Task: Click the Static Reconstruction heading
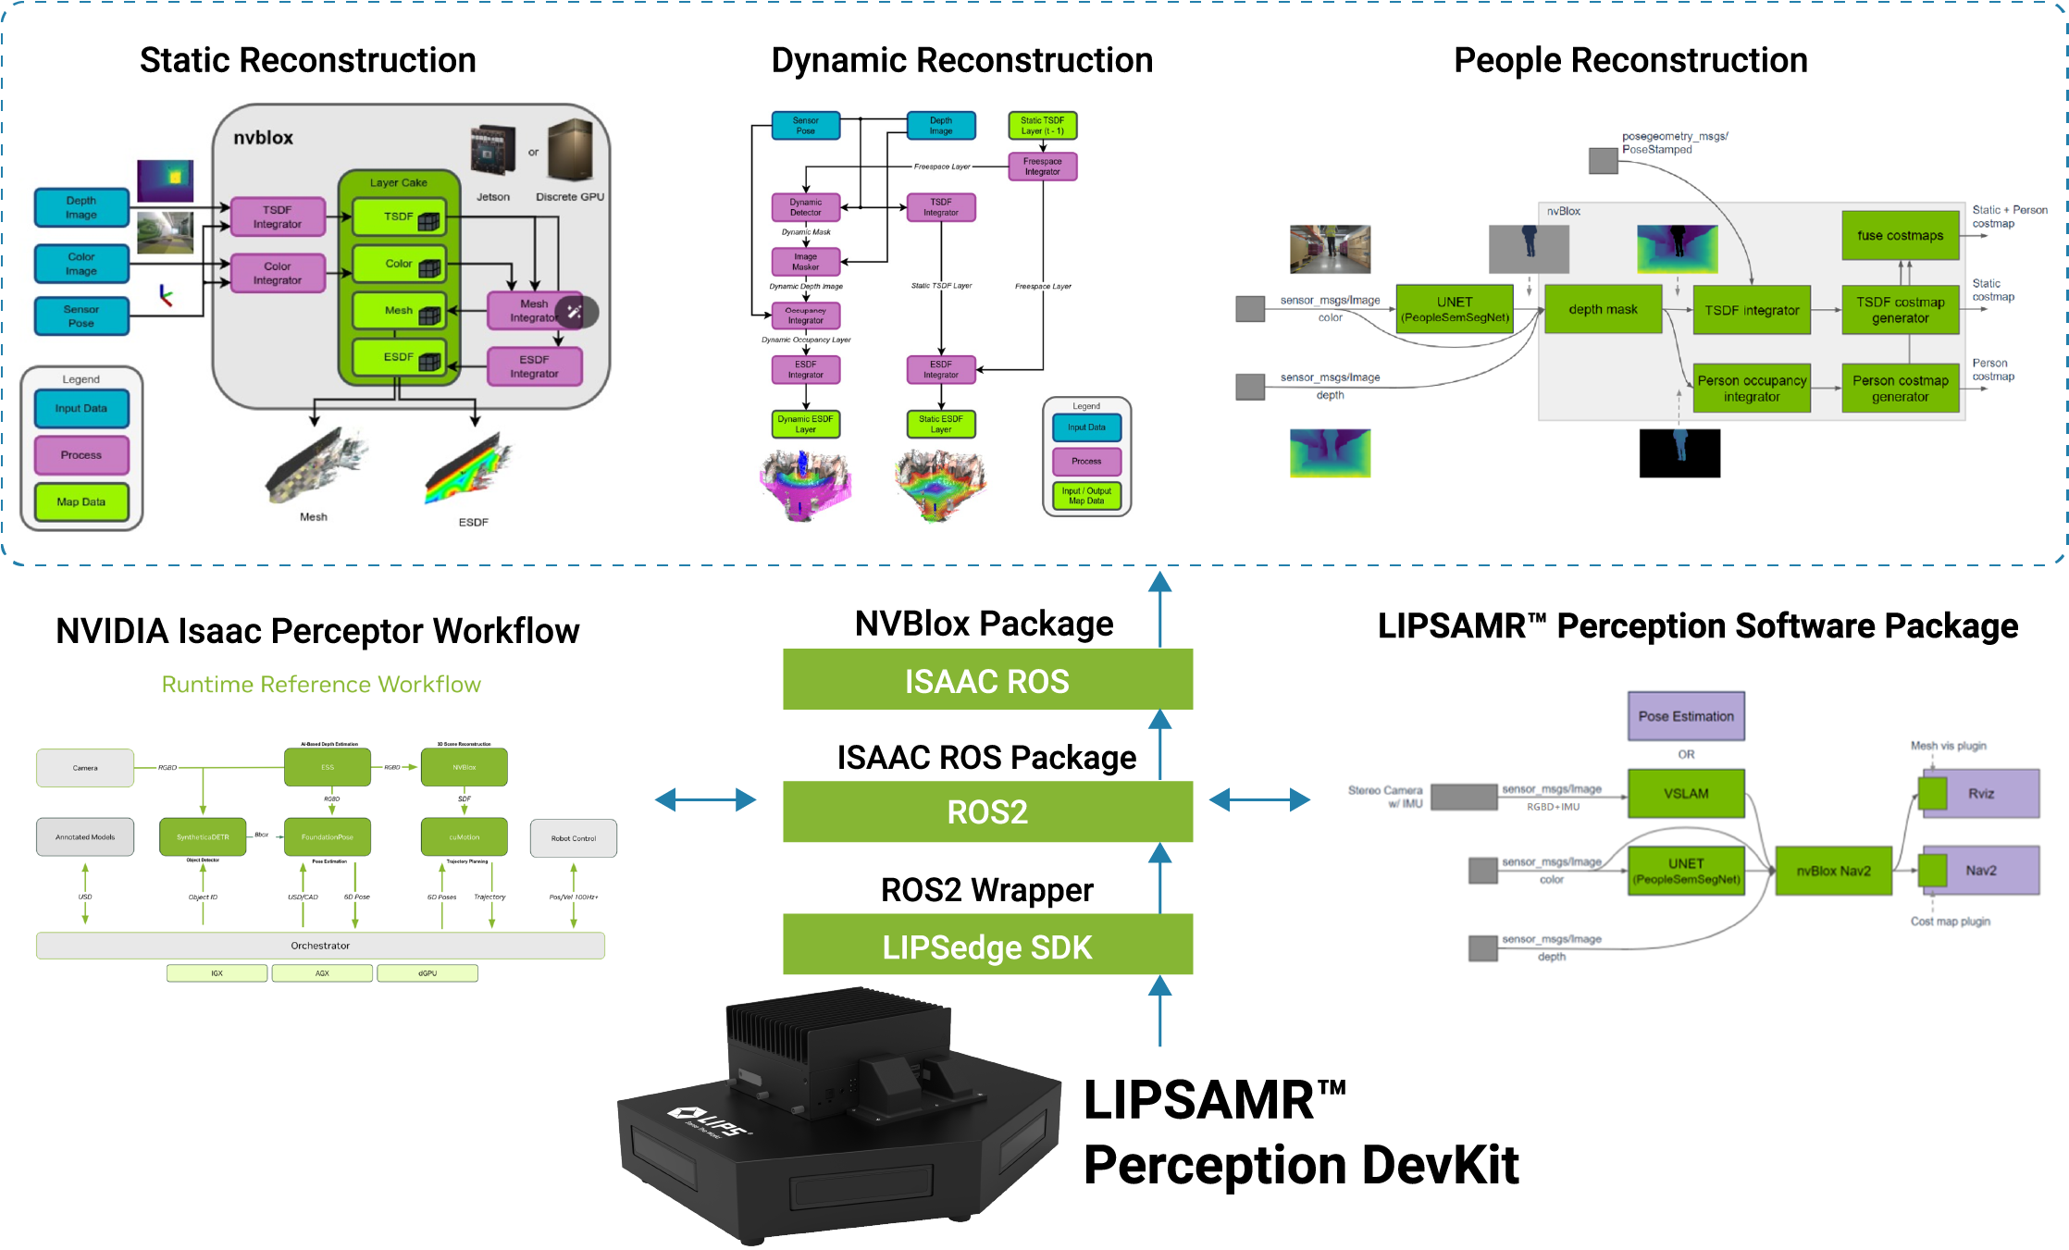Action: click(307, 61)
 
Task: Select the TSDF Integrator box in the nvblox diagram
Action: click(277, 217)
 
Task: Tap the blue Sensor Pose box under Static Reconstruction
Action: click(81, 316)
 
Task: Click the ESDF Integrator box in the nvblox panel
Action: click(534, 366)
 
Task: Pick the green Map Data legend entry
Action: click(81, 502)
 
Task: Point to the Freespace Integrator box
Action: click(1042, 167)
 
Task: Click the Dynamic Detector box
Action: click(805, 207)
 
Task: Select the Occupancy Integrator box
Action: click(805, 316)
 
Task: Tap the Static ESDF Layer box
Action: click(940, 425)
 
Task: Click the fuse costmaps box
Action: click(1900, 236)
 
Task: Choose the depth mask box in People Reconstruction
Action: click(1603, 310)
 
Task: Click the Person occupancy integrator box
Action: click(1751, 389)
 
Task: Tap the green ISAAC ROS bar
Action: click(987, 681)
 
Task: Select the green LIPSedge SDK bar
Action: click(987, 947)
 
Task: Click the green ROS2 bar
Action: click(987, 812)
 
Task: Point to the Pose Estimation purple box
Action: click(1686, 716)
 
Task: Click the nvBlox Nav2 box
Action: click(1833, 871)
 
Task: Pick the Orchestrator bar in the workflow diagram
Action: click(320, 946)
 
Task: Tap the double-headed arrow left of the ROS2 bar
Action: click(705, 800)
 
